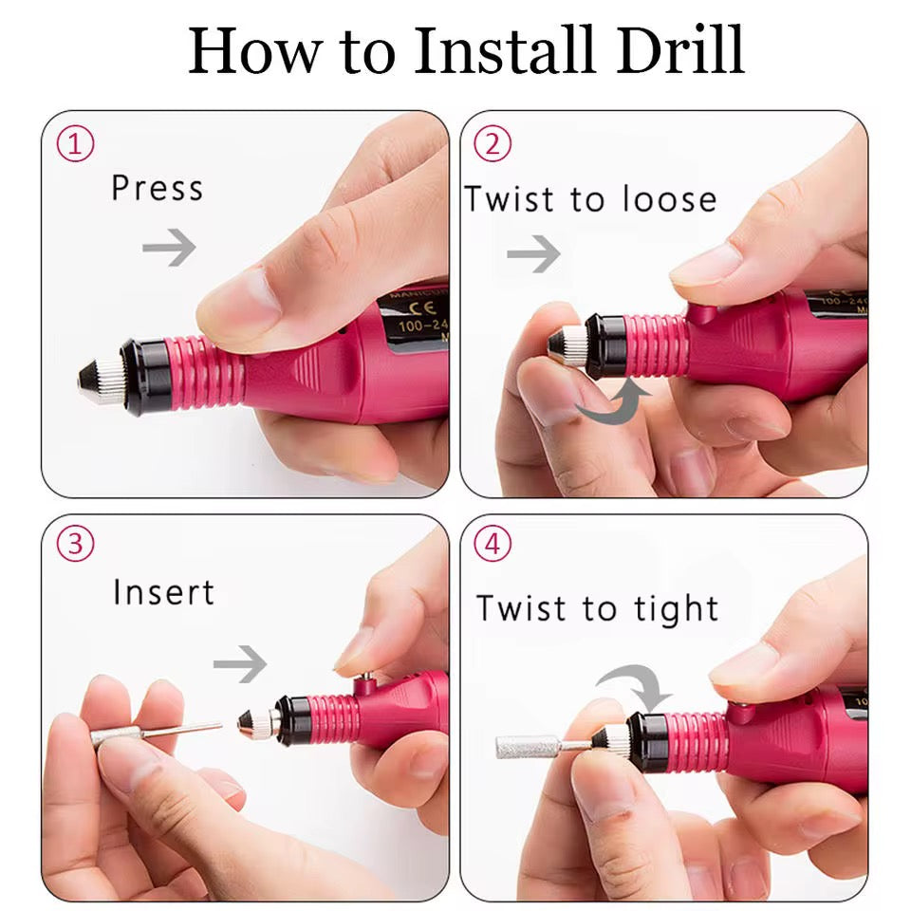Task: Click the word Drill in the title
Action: pos(679,51)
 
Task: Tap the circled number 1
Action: pos(76,145)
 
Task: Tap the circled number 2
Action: pos(492,145)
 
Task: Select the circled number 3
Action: pos(76,545)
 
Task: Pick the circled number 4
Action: pos(492,545)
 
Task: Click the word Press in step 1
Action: pos(157,187)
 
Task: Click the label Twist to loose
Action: pos(590,199)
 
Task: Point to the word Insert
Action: pos(163,592)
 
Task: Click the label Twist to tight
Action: pos(597,608)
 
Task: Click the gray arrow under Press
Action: pos(169,249)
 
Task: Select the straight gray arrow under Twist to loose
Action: pos(533,254)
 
